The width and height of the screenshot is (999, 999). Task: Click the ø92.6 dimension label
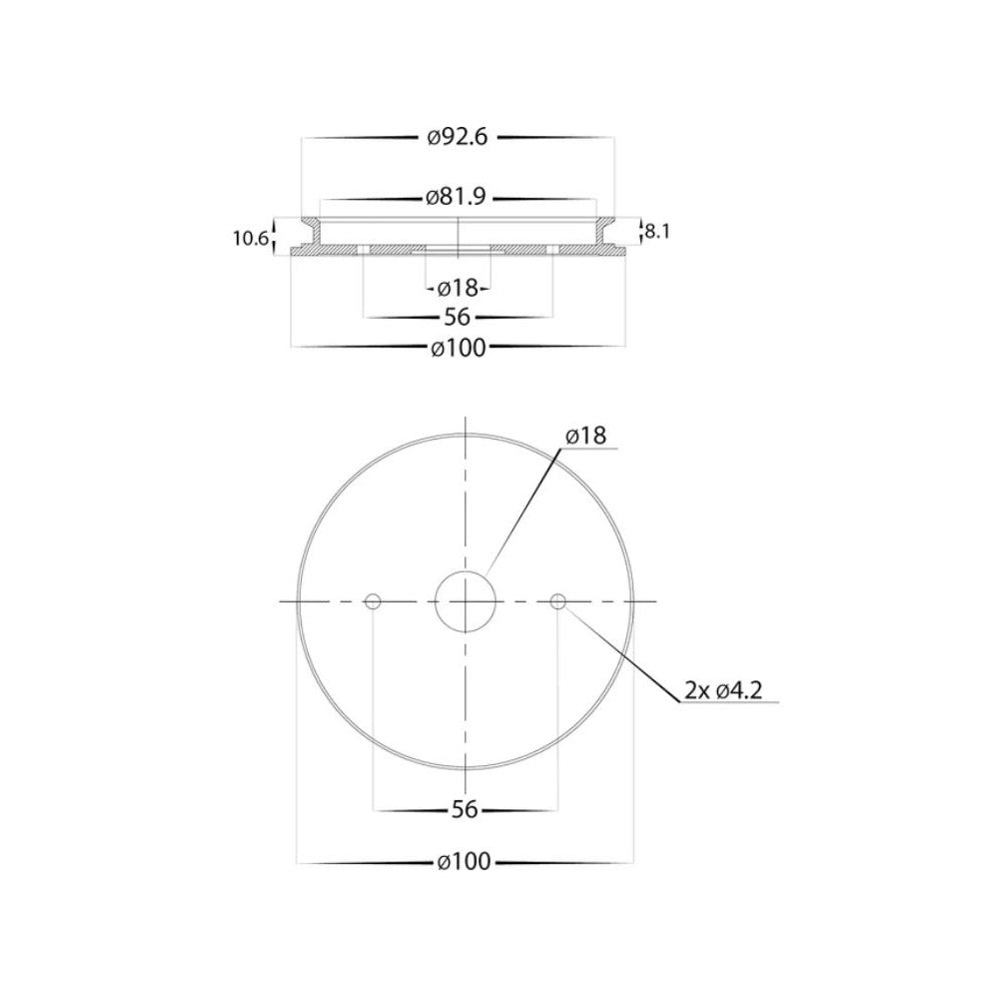coord(457,139)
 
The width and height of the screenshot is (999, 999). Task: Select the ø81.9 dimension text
coord(456,197)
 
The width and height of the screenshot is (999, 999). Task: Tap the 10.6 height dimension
coord(249,238)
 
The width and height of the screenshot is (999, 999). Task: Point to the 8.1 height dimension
coord(656,231)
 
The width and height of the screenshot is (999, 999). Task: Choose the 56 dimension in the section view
coord(459,317)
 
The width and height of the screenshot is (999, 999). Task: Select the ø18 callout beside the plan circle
coord(585,437)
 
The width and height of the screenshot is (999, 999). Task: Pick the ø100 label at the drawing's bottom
coord(466,861)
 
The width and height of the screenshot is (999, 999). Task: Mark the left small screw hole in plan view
coord(373,601)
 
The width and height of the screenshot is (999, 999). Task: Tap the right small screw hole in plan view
coord(557,601)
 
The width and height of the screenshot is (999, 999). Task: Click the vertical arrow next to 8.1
coord(640,231)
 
